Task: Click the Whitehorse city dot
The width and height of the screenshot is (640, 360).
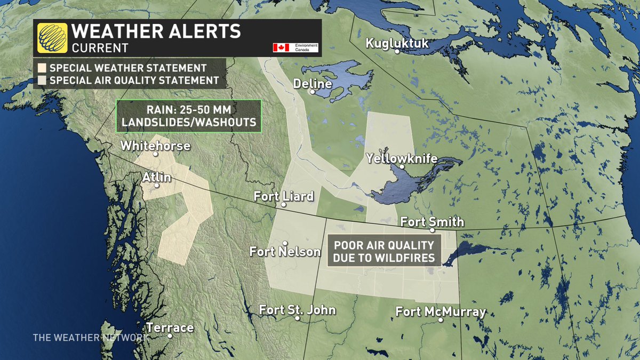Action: click(x=155, y=154)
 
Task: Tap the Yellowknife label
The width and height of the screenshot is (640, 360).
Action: click(x=402, y=159)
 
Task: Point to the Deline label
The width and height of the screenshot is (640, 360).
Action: click(x=312, y=84)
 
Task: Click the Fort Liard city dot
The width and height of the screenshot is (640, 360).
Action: click(x=284, y=204)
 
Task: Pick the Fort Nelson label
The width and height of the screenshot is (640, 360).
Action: click(x=285, y=251)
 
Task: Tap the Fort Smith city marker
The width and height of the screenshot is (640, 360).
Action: click(x=433, y=230)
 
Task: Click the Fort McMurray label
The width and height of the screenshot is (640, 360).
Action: click(x=441, y=312)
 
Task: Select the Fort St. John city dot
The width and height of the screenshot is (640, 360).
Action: click(x=297, y=319)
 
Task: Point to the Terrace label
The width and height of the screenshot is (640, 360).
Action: click(x=170, y=327)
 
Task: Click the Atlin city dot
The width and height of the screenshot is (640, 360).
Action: click(x=156, y=186)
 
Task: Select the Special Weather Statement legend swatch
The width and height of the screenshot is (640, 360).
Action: click(x=41, y=68)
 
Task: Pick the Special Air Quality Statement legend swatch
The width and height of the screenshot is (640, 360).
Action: click(x=41, y=81)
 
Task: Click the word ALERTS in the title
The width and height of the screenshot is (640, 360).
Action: click(x=202, y=31)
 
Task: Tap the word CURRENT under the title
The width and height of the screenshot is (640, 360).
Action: click(x=100, y=47)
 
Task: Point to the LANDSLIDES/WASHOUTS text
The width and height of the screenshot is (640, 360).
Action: click(x=189, y=122)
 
